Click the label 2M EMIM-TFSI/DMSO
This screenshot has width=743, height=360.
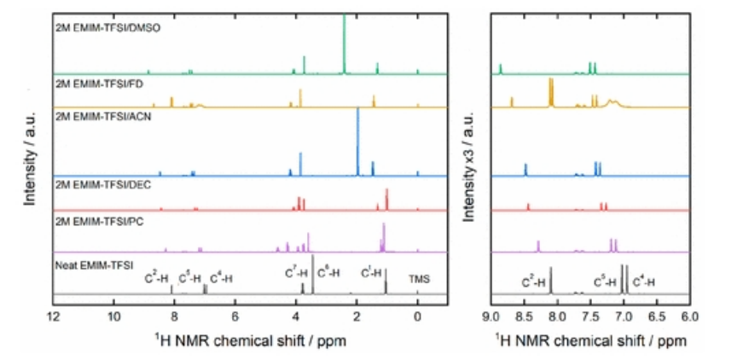[107, 27]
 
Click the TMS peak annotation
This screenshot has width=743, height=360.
[420, 278]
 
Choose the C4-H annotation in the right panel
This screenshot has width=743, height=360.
[644, 281]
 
